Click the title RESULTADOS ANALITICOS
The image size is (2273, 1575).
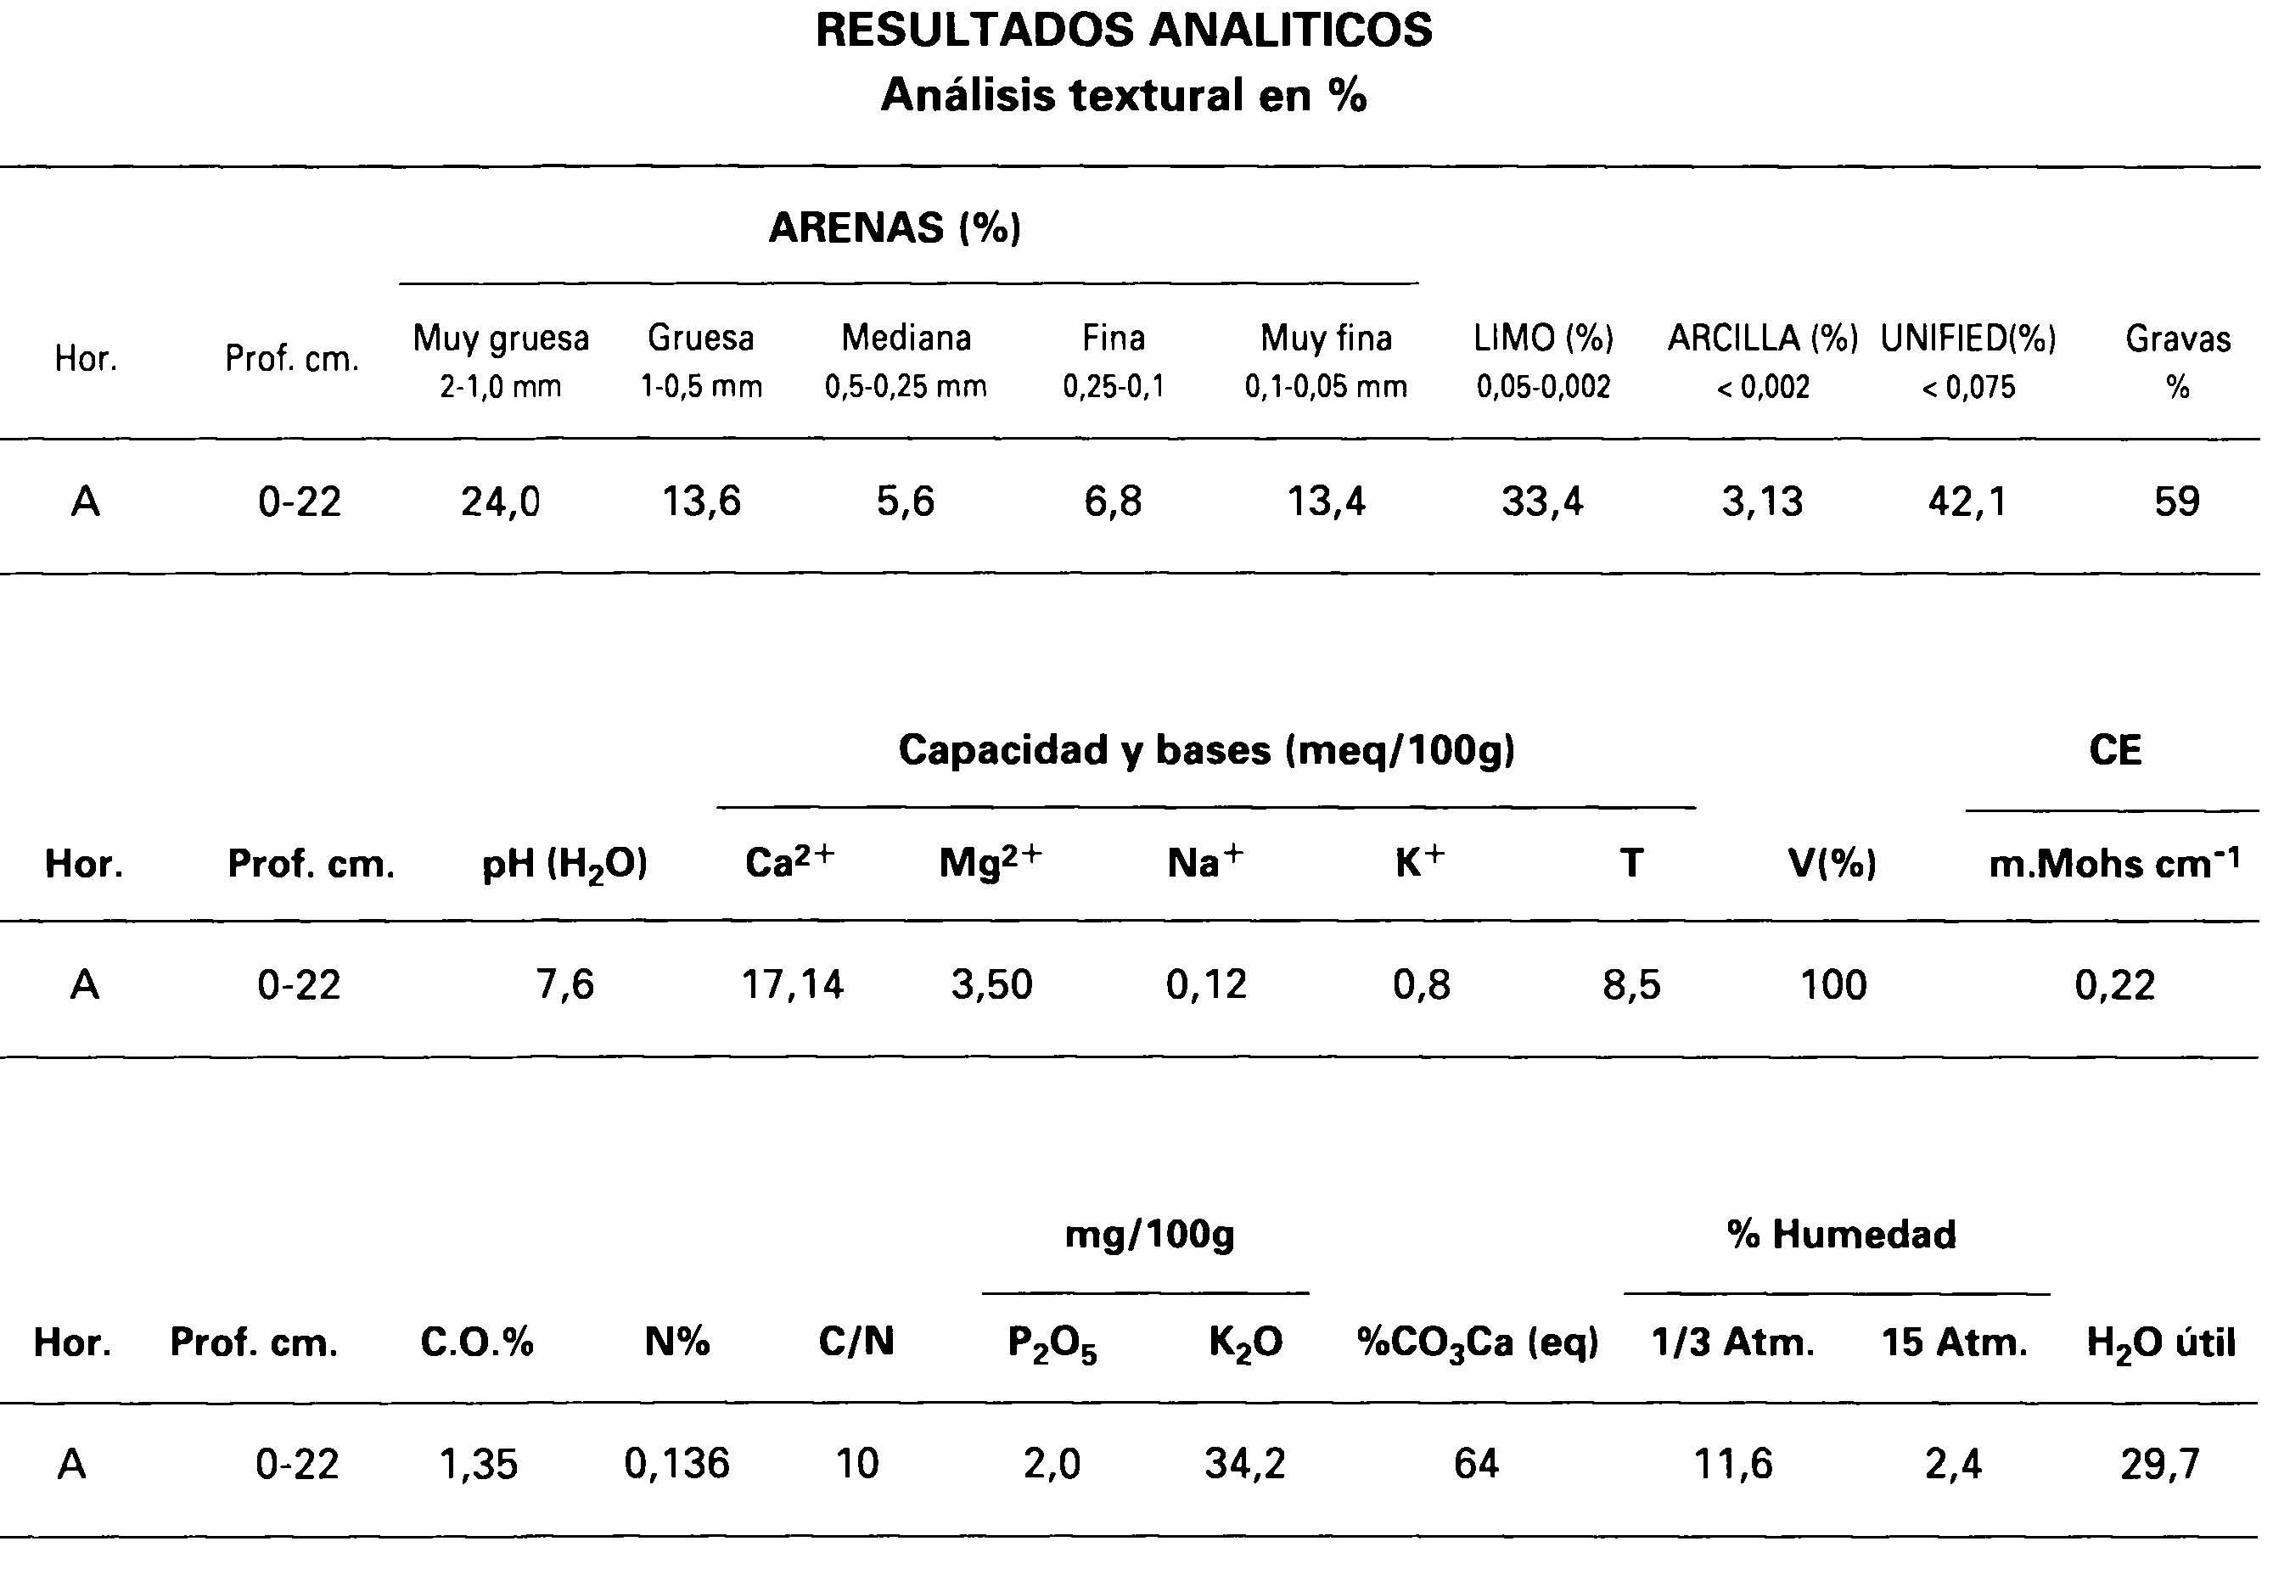click(x=1123, y=31)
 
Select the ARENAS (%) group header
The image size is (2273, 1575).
click(x=895, y=228)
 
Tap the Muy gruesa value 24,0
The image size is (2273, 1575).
click(x=501, y=502)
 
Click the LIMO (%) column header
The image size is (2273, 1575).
click(x=1543, y=339)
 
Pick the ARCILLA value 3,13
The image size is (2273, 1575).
click(x=1762, y=502)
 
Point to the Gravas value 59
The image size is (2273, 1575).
click(x=2176, y=502)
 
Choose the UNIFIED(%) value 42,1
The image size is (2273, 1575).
click(x=1967, y=502)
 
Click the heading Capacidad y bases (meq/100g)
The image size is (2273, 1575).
click(x=1206, y=750)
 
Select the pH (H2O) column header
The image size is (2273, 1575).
click(x=564, y=865)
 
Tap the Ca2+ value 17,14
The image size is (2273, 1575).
click(x=793, y=985)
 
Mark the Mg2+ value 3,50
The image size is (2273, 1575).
click(x=992, y=985)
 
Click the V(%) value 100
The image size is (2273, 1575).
click(x=1832, y=985)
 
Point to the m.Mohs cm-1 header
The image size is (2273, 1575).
click(x=2114, y=864)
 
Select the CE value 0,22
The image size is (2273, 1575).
click(x=2114, y=985)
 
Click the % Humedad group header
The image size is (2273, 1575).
click(x=1841, y=1235)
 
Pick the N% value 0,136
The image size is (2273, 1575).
click(x=677, y=1464)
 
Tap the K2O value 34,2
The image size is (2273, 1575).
click(x=1245, y=1464)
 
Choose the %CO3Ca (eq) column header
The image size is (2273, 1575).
click(x=1478, y=1343)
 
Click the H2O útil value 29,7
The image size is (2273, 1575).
click(x=2159, y=1464)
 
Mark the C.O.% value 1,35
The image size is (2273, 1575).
click(x=478, y=1464)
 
